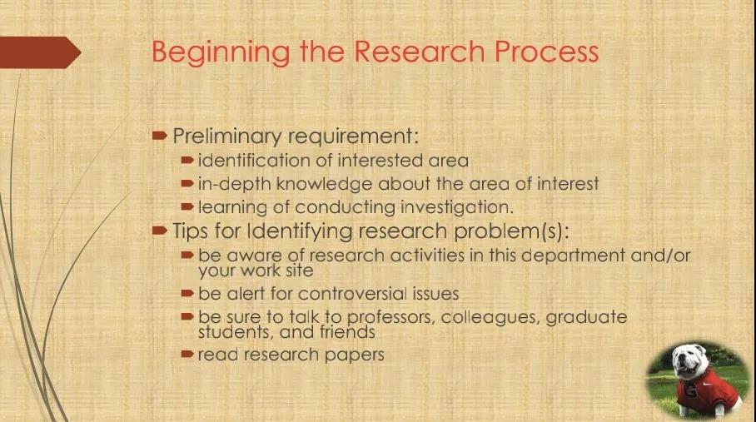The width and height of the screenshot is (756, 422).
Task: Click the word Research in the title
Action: point(419,52)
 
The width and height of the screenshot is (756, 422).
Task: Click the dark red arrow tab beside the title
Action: point(40,52)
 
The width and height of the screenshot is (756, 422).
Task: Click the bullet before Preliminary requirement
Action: point(160,136)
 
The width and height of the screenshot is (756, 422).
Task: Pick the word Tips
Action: point(191,231)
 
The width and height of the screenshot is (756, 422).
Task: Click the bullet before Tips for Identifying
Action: point(160,231)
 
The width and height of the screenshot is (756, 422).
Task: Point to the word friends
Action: point(347,332)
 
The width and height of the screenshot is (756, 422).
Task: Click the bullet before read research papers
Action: point(187,355)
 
